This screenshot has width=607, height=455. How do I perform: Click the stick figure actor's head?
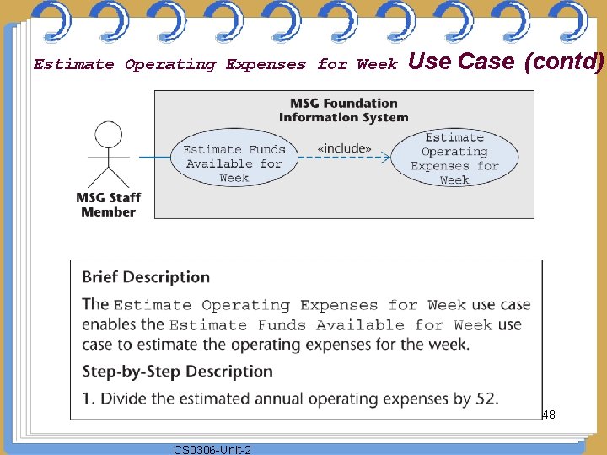107,134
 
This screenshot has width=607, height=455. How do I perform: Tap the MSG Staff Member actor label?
108,205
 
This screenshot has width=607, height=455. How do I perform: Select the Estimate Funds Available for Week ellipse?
234,163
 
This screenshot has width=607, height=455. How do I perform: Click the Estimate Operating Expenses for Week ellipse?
454,159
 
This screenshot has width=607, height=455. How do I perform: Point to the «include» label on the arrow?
344,149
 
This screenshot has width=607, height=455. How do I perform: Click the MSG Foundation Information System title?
343,110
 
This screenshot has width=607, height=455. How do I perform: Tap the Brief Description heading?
146,277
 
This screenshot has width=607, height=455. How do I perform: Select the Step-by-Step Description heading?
177,372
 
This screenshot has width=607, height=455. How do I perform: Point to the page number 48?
548,415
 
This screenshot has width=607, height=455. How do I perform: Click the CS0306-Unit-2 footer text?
212,450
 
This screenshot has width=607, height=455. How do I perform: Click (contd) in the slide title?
563,62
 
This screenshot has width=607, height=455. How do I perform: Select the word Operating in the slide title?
170,65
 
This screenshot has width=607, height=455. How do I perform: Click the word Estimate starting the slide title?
74,65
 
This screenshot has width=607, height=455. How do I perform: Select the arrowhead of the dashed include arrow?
386,157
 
